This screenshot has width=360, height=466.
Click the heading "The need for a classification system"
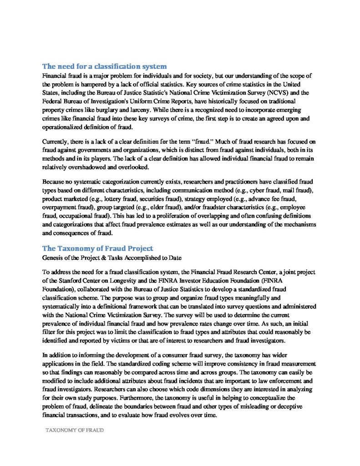pyautogui.click(x=104, y=66)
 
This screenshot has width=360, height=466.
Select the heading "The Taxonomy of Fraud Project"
pyautogui.click(x=97, y=248)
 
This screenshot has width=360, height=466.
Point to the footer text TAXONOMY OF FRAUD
pyautogui.click(x=74, y=430)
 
